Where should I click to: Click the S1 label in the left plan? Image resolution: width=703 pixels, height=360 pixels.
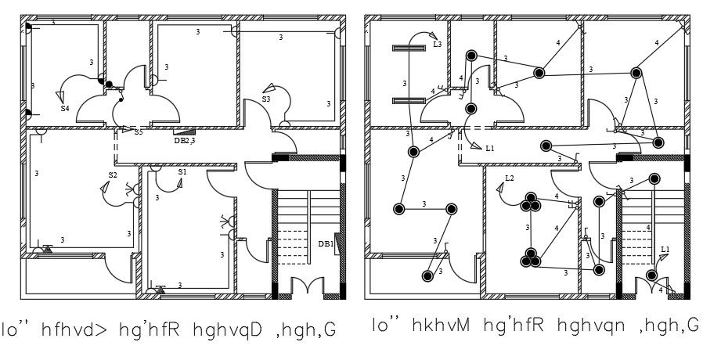coord(182,171)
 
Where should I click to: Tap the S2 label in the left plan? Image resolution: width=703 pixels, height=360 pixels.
coord(113,175)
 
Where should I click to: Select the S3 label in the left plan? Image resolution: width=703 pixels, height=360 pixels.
coord(266,99)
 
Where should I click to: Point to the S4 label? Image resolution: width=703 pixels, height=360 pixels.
coord(66,108)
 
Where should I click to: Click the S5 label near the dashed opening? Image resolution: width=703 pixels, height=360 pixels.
coord(139,132)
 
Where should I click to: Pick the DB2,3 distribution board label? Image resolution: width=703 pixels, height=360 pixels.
coord(184,141)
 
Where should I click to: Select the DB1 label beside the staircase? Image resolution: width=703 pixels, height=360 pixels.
coord(325,244)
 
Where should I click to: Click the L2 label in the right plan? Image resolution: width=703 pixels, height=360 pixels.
coord(510,178)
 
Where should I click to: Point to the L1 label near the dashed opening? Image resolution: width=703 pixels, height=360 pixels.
coord(490,148)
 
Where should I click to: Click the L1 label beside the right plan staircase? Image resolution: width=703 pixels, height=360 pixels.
coord(665,249)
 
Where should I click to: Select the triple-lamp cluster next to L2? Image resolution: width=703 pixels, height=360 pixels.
coord(532,203)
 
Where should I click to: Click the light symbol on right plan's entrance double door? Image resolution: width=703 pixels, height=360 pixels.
coord(651,275)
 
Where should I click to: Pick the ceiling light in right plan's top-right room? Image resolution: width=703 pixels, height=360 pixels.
coord(636,73)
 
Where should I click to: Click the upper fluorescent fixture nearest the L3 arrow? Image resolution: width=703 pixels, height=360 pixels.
coord(407,49)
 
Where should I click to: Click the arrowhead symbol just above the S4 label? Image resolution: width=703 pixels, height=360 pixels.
coord(60,95)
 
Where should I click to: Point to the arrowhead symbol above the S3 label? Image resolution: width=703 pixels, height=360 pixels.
coord(269,88)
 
